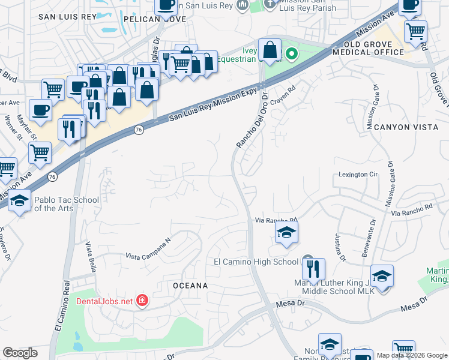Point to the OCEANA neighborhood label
(190, 286)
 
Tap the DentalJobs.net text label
(104, 301)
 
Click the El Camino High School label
(256, 262)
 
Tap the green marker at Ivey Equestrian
(292, 55)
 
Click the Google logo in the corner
(20, 353)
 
